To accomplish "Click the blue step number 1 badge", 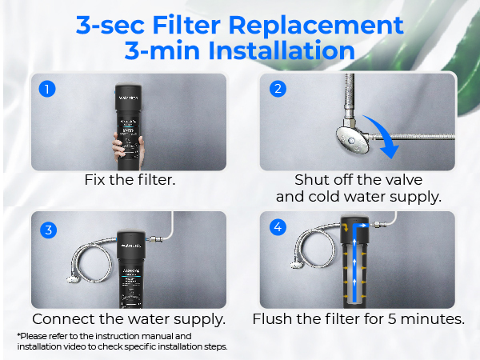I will pyautogui.click(x=47, y=89).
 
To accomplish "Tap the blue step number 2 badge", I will pyautogui.click(x=277, y=89).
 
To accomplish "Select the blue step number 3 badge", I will pyautogui.click(x=47, y=230).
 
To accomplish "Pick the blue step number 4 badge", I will pyautogui.click(x=277, y=230).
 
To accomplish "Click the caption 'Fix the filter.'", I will pyautogui.click(x=130, y=180).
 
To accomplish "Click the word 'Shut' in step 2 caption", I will pyautogui.click(x=313, y=180).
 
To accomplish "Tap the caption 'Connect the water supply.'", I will pyautogui.click(x=129, y=318).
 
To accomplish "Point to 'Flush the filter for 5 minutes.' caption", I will pyautogui.click(x=358, y=318).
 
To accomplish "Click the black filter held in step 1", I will pyautogui.click(x=130, y=112).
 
